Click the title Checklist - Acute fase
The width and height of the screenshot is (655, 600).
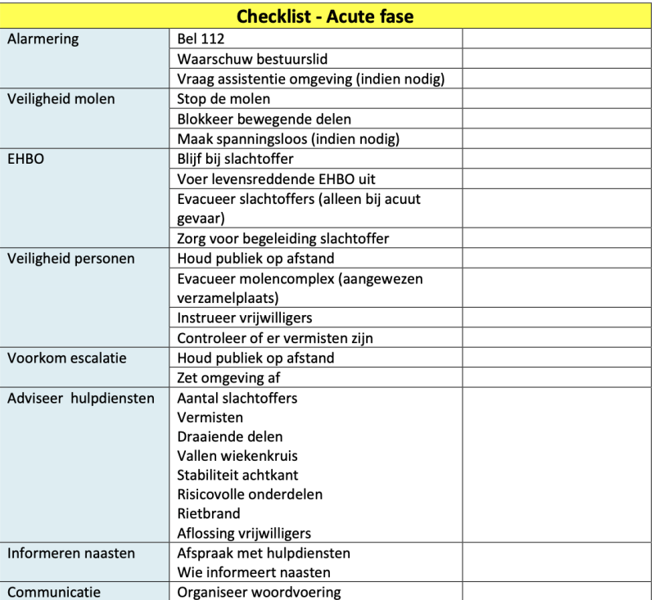[x=325, y=16]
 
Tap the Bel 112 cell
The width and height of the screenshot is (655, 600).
[x=201, y=39]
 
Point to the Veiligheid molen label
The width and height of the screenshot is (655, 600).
[x=61, y=99]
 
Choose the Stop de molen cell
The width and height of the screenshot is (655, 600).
[x=224, y=99]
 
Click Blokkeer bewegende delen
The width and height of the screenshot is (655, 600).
[x=255, y=119]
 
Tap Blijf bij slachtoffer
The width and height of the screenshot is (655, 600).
[x=235, y=159]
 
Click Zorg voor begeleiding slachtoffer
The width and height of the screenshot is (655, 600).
[x=282, y=238]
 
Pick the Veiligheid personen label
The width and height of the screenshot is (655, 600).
[x=70, y=259]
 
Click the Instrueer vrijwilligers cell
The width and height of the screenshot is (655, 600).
[x=244, y=318]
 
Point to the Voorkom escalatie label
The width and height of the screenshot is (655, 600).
[x=67, y=358]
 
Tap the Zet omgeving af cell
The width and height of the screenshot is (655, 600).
[x=228, y=377]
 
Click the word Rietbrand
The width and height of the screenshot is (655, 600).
[x=209, y=513]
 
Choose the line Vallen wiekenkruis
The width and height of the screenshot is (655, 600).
[x=237, y=456]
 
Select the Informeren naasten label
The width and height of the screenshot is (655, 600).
[x=71, y=553]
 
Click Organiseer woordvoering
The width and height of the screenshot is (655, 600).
[x=259, y=593]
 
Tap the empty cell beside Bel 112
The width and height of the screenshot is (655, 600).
[x=557, y=39]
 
